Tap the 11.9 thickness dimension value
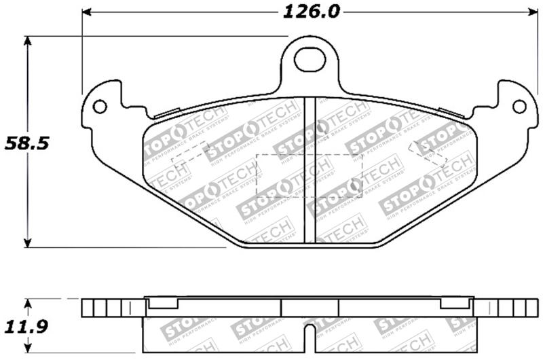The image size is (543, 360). [x=26, y=328]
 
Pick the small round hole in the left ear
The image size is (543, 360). [x=100, y=107]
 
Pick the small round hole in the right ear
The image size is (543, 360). [x=519, y=107]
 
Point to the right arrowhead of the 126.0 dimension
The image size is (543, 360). [x=525, y=12]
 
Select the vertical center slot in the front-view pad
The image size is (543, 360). [x=310, y=170]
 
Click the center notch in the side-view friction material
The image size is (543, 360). [x=310, y=336]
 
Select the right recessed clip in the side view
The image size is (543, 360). [x=456, y=303]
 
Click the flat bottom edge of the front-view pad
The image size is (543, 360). [x=310, y=245]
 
